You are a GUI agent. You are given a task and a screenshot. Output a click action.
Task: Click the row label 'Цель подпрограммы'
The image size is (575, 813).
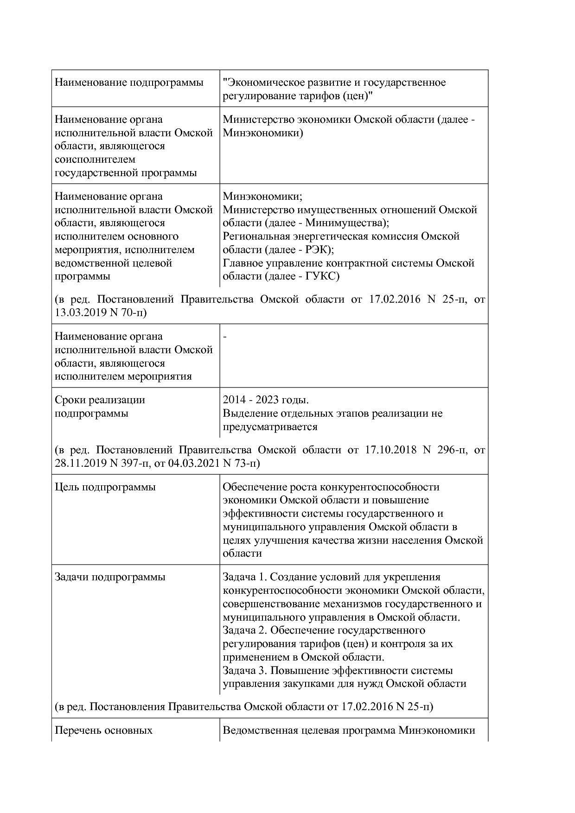coord(105,487)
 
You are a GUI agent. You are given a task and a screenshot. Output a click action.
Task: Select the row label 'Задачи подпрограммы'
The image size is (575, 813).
coord(110,577)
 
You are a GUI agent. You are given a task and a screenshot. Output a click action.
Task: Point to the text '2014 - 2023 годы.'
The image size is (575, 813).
coord(266,400)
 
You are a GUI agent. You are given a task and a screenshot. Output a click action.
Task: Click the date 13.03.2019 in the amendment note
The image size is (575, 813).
coord(80,313)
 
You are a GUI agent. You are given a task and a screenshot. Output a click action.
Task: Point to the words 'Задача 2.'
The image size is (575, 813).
coord(244,630)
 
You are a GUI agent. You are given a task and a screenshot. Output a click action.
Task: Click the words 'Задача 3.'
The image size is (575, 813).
coord(244,671)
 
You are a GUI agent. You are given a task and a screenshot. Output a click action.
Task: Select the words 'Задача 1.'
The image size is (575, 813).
coord(244,577)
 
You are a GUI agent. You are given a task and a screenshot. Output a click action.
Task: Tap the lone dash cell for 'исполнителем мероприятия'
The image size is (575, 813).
coord(225,337)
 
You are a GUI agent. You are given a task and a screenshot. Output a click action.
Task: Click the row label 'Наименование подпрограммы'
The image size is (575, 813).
coord(129,83)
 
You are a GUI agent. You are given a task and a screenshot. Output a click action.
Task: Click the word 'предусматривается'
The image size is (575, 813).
coord(270,427)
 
